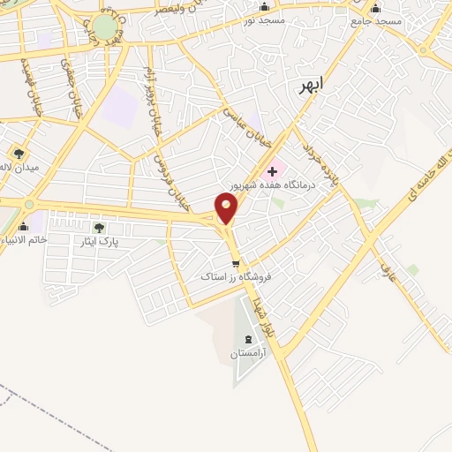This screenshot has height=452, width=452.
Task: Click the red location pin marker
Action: (x=227, y=209)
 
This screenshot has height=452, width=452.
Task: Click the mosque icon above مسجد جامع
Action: (x=376, y=8)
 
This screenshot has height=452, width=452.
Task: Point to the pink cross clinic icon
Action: (x=272, y=169)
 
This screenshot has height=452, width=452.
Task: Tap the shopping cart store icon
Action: (x=235, y=263)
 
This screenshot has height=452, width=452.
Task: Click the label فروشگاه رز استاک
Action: (x=234, y=277)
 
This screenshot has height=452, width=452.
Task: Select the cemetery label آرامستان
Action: (x=247, y=353)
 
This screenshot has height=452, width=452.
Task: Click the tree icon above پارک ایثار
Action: (x=111, y=228)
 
